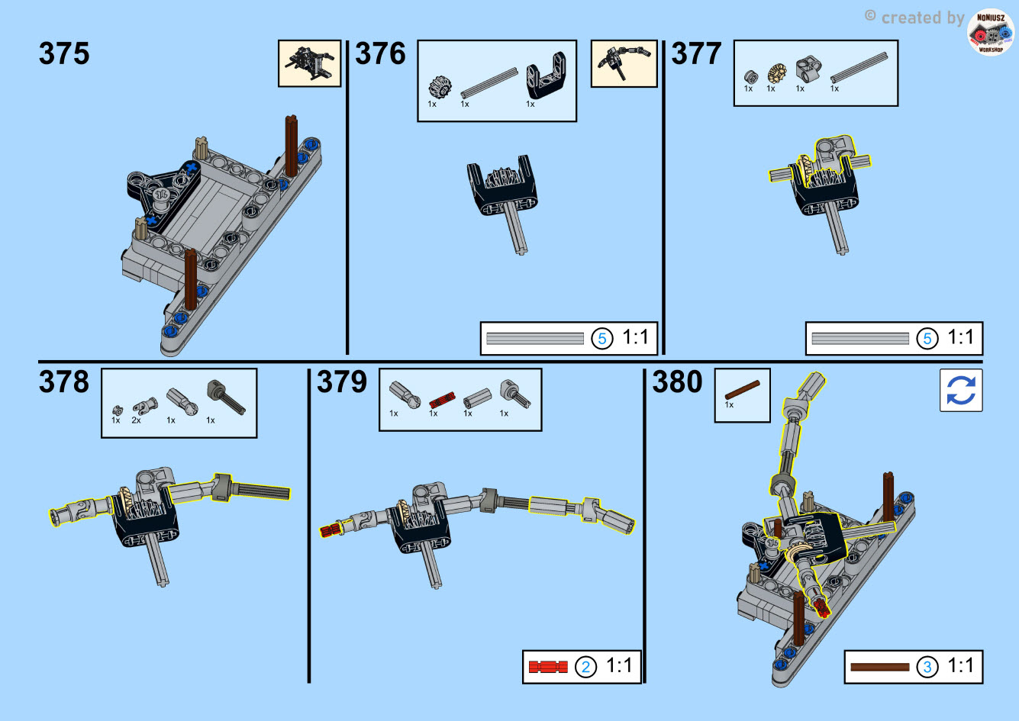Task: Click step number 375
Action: point(64,53)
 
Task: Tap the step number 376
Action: point(380,53)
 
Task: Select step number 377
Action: point(696,53)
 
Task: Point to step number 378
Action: point(64,381)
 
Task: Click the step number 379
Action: point(342,381)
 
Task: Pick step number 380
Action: point(677,381)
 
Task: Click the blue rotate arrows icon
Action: point(961,390)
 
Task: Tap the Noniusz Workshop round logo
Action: point(991,32)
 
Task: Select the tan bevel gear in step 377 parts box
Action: point(776,73)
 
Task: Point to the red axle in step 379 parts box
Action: point(442,400)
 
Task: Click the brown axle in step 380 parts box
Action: point(742,390)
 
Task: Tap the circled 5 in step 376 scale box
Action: point(601,339)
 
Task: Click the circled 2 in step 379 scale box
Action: point(585,667)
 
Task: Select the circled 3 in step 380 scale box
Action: point(927,667)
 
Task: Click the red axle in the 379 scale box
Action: point(548,667)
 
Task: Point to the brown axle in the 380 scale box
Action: point(880,668)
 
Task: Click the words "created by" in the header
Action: point(923,18)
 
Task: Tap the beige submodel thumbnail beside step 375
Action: point(309,63)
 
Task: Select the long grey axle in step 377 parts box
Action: point(859,68)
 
